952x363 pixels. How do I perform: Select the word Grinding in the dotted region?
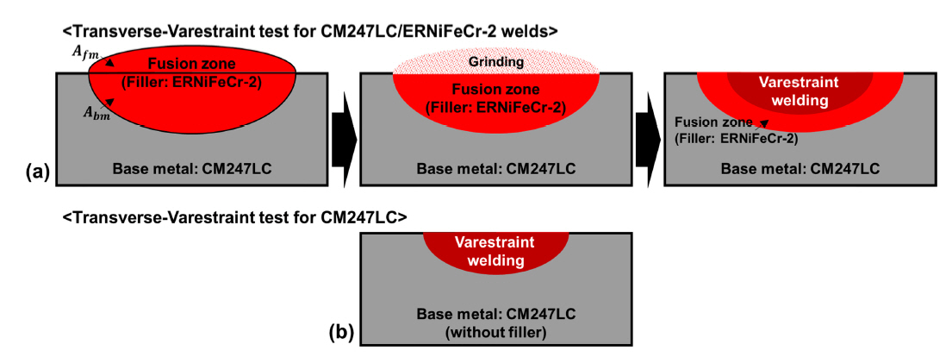495,62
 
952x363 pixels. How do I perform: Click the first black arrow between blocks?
343,128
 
